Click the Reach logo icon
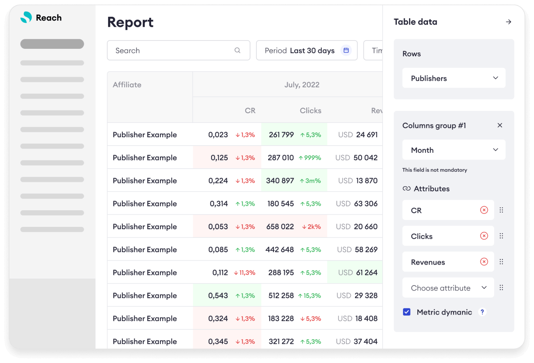coord(26,17)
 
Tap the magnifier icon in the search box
coord(237,50)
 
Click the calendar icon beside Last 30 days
coord(346,50)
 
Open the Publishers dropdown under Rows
coord(454,78)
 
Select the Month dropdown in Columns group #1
coord(454,150)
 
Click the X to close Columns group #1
coord(500,125)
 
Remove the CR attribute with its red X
coord(484,210)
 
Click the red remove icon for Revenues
coord(484,262)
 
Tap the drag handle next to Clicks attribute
coord(501,236)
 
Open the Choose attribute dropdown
coord(448,288)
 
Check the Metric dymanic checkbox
coord(407,312)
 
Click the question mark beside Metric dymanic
coord(482,312)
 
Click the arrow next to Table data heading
coord(508,22)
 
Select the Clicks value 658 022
coord(280,226)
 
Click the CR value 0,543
coord(218,295)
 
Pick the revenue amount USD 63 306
coord(357,203)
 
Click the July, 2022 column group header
coord(301,85)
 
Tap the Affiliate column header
coord(127,85)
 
